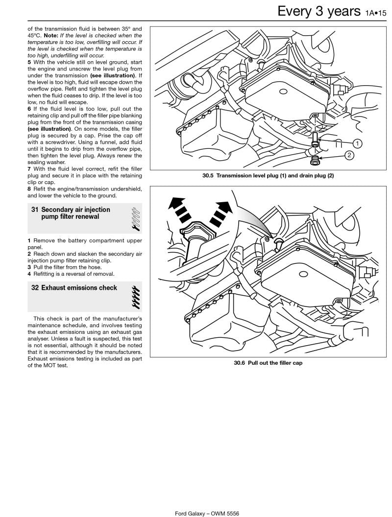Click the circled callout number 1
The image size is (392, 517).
click(x=357, y=143)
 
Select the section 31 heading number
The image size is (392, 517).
click(x=35, y=210)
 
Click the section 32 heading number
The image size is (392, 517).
click(x=35, y=288)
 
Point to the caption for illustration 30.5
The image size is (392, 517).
click(x=268, y=176)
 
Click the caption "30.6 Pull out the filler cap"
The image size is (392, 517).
click(x=268, y=363)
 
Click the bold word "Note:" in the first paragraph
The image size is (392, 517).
click(x=52, y=35)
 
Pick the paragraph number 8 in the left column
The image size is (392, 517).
click(x=29, y=188)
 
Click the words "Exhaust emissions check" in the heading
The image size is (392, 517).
click(x=79, y=288)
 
